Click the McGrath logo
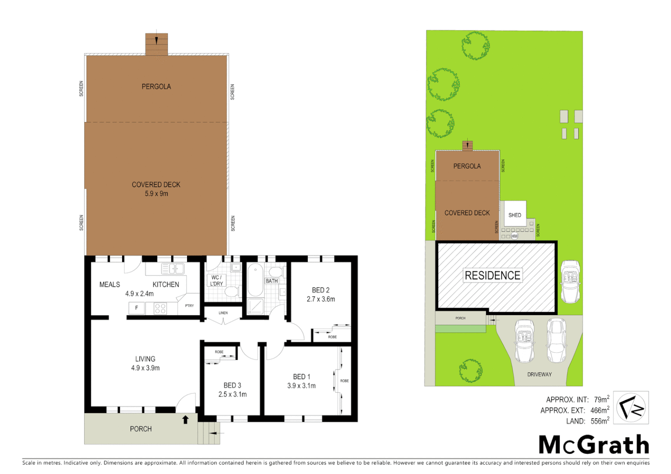pyautogui.click(x=594, y=445)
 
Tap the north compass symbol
pyautogui.click(x=631, y=408)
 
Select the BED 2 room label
pyautogui.click(x=321, y=290)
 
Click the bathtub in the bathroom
pyautogui.click(x=255, y=280)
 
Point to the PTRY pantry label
pyautogui.click(x=189, y=305)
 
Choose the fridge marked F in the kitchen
pyautogui.click(x=137, y=308)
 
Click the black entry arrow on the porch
pyautogui.click(x=185, y=420)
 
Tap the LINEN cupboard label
pyautogui.click(x=223, y=313)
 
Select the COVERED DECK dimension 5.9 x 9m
pyautogui.click(x=156, y=194)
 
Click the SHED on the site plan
pyautogui.click(x=515, y=214)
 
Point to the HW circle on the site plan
pyautogui.click(x=514, y=236)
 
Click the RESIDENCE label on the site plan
pyautogui.click(x=492, y=276)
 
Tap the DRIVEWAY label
pyautogui.click(x=539, y=374)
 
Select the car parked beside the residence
pyautogui.click(x=570, y=281)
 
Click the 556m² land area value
pyautogui.click(x=599, y=421)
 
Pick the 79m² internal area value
pyautogui.click(x=601, y=399)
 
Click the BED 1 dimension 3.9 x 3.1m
pyautogui.click(x=301, y=386)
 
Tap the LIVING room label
pyautogui.click(x=145, y=359)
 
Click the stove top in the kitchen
pyautogui.click(x=160, y=309)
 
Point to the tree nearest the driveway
pyautogui.click(x=470, y=370)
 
